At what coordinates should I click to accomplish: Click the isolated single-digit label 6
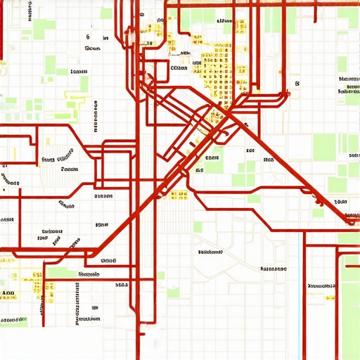coord(87,36)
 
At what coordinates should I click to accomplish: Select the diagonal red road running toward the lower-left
coord(141,211)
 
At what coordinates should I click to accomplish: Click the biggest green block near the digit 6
coord(51,64)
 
